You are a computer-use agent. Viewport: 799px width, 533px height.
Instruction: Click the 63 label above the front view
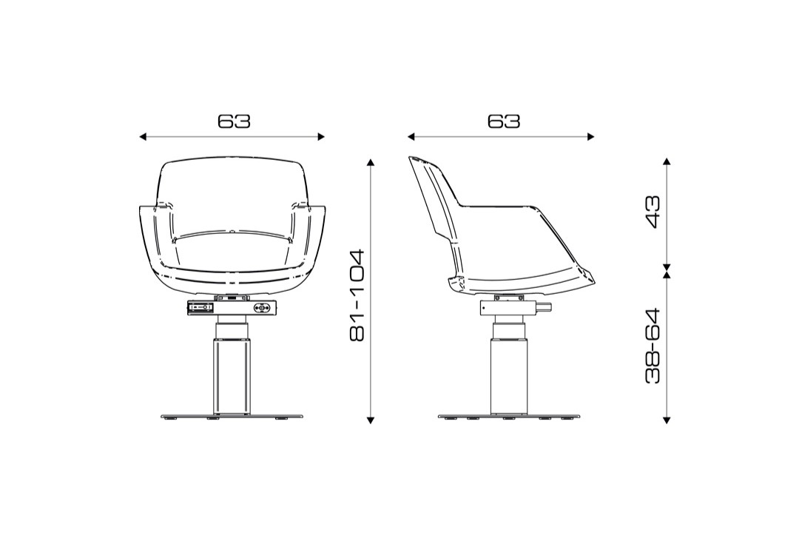[235, 121]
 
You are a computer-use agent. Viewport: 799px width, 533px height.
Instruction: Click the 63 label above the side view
[504, 121]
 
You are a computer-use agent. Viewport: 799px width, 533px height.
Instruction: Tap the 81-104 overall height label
[357, 295]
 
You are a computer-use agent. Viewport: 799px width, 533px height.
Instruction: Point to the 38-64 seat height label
[653, 345]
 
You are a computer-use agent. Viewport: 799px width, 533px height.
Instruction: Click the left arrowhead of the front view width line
[144, 137]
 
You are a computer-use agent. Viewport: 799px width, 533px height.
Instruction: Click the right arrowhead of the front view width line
[321, 137]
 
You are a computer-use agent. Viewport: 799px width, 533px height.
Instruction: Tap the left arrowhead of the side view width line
[411, 137]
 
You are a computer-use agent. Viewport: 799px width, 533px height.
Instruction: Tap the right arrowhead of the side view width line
[590, 137]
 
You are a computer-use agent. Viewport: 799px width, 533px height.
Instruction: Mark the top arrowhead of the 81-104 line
[371, 162]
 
